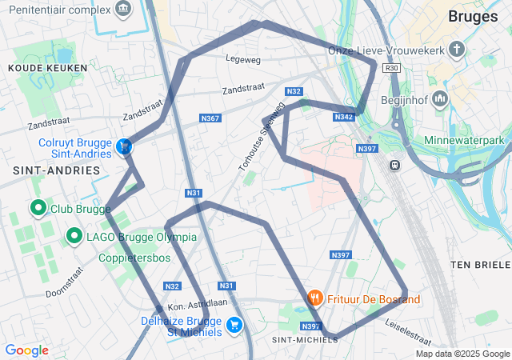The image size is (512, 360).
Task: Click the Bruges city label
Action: coord(474,17)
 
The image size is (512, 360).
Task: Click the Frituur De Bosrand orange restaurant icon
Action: coord(316,299)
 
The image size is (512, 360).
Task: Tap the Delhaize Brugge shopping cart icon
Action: coord(234,325)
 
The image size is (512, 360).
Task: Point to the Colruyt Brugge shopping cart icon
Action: coord(124,146)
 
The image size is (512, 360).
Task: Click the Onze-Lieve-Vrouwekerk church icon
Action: coord(456,50)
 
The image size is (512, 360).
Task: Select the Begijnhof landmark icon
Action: coord(439,99)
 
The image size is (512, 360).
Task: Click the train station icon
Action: coord(394,165)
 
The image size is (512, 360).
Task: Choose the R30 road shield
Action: coord(391,69)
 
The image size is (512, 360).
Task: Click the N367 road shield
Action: coord(210,118)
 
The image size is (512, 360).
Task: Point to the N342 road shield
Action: coord(343,117)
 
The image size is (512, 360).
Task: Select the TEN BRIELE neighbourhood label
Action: coord(480,264)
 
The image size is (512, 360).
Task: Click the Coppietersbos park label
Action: coord(134,258)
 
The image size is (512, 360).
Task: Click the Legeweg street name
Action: coord(243,59)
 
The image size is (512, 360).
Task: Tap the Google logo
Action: coord(26,350)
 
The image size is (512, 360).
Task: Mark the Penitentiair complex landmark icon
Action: coord(122,10)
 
